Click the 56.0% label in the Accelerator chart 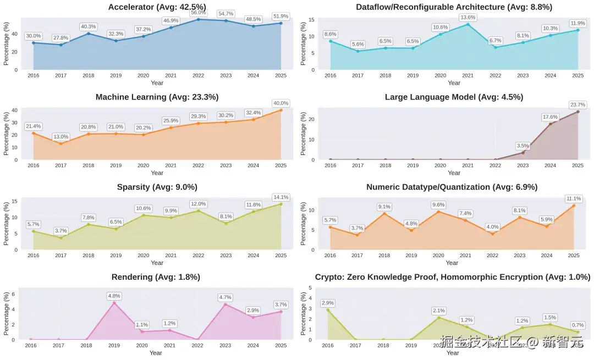[x=199, y=13]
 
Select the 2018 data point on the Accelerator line [x=89, y=34]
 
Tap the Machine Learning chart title [x=157, y=97]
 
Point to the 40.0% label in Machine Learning [x=280, y=103]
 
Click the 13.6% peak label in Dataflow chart [x=468, y=18]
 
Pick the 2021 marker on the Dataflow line [x=468, y=24]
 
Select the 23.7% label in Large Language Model [x=577, y=105]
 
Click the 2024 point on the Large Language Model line [x=550, y=124]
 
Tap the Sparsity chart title [x=157, y=187]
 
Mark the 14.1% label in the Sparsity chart [x=280, y=197]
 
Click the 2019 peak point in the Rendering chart [x=114, y=303]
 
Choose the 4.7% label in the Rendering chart [x=225, y=297]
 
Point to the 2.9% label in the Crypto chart [x=328, y=303]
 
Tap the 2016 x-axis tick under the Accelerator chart [x=34, y=76]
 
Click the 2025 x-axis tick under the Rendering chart [x=280, y=346]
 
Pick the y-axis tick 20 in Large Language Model [x=311, y=119]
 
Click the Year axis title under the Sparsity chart [x=157, y=263]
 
